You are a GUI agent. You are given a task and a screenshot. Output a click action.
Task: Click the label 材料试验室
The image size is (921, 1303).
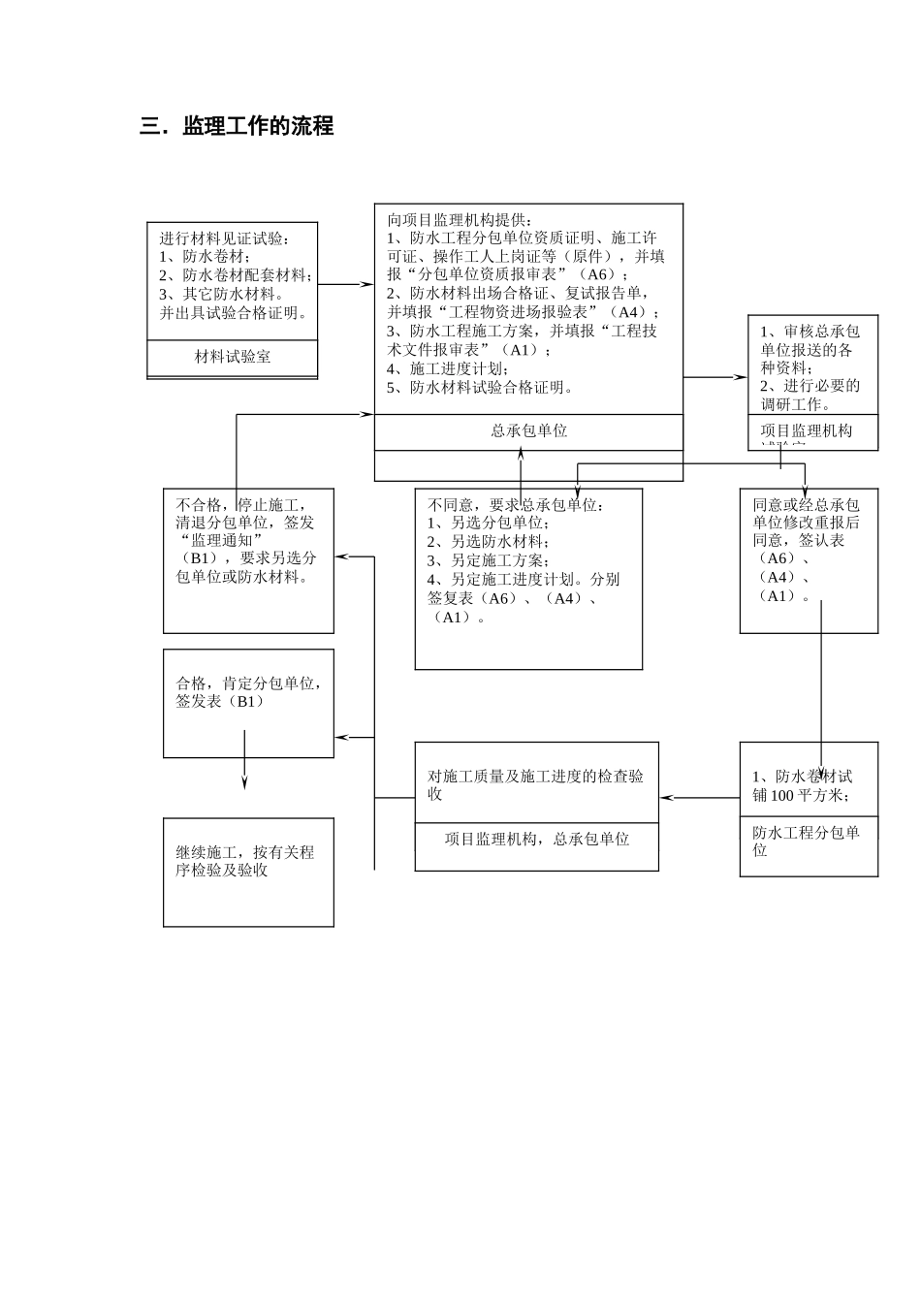pos(233,357)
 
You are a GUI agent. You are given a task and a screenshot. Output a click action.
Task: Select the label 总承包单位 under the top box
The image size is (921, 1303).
pos(528,430)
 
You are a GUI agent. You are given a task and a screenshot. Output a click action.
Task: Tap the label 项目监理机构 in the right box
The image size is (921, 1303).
pos(806,430)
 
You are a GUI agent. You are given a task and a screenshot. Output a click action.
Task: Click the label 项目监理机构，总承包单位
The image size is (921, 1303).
pos(536,839)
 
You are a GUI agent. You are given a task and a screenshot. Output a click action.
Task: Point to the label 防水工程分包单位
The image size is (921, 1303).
pos(806,841)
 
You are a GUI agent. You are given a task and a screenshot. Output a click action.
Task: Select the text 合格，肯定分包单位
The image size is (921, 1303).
pos(248,683)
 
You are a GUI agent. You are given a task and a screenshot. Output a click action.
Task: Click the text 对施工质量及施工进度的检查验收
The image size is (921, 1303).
pos(535,784)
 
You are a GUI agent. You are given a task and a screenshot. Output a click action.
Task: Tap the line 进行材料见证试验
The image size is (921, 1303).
pos(224,238)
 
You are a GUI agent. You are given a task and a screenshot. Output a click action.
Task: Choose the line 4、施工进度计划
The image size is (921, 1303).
pos(447,368)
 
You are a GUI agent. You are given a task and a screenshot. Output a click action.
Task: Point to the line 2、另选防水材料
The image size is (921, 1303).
pos(488,542)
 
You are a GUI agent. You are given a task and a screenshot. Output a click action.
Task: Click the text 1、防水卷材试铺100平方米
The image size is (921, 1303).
pos(802,785)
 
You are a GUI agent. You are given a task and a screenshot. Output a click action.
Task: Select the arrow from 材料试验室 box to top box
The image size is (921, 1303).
pos(345,285)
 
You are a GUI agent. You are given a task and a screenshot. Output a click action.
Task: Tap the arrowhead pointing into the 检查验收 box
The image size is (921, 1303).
pos(666,798)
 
